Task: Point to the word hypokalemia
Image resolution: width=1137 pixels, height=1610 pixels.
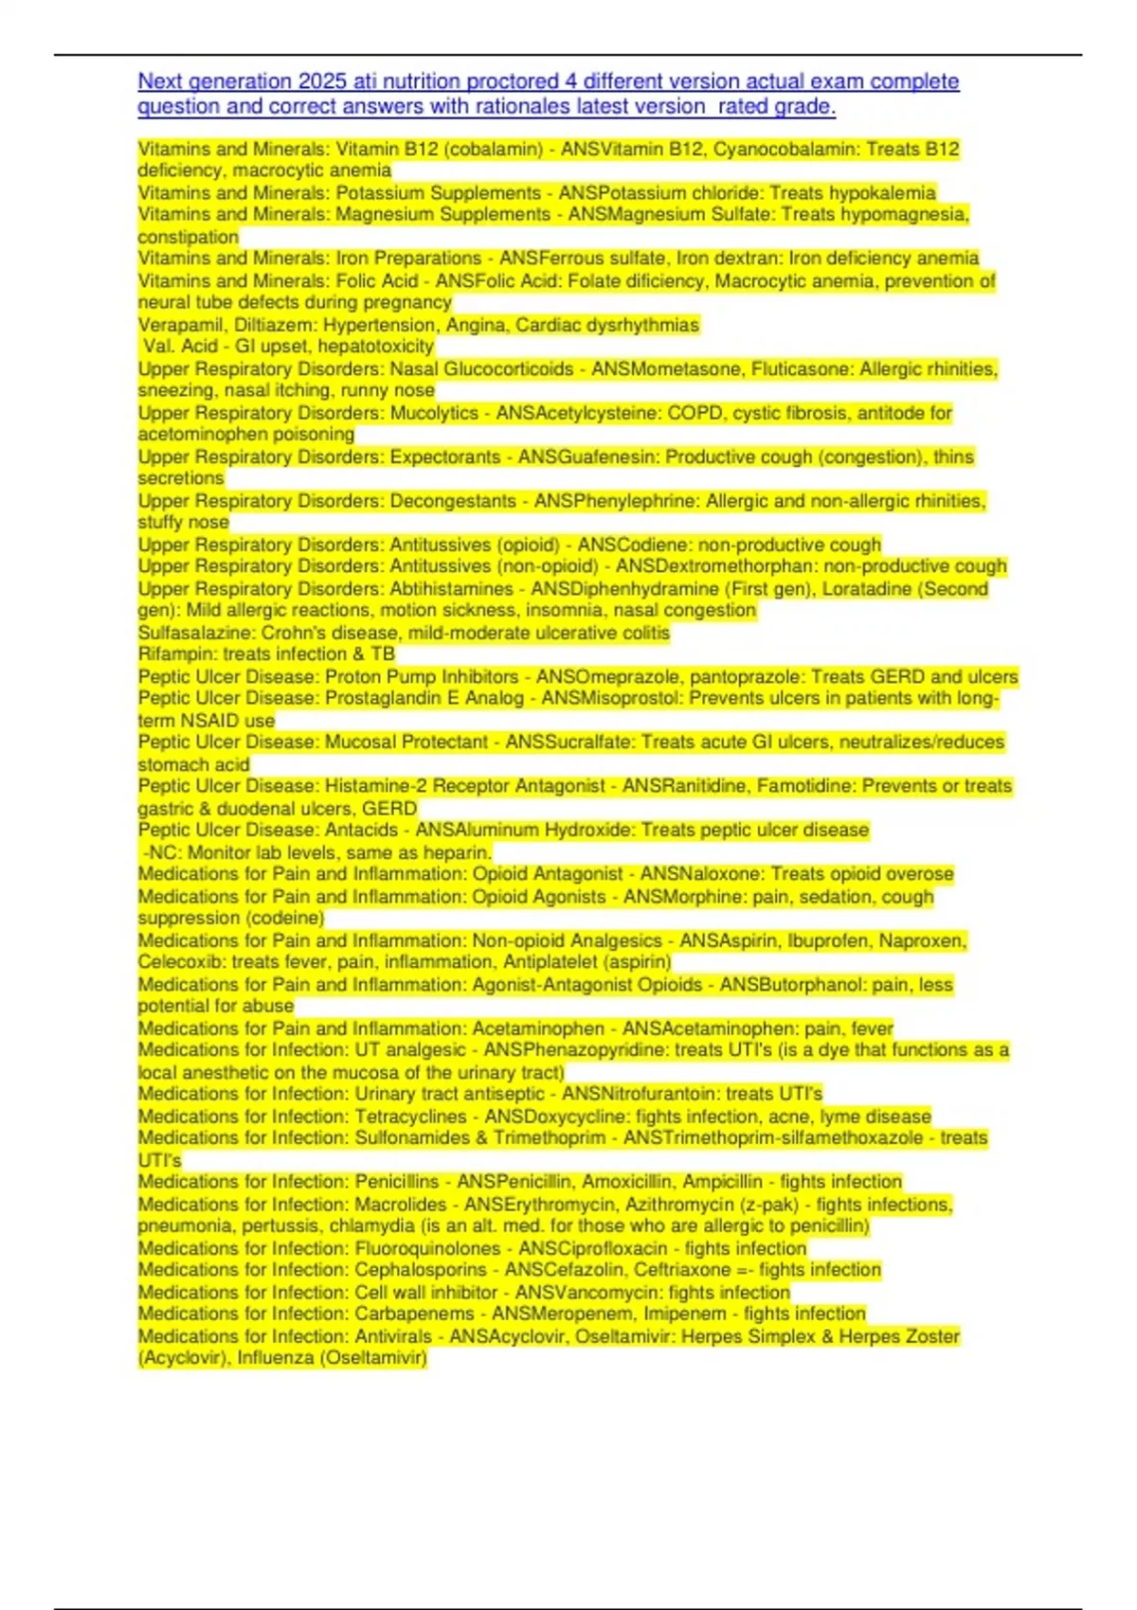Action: click(x=882, y=192)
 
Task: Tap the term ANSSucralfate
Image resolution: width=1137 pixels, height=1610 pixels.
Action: click(x=568, y=742)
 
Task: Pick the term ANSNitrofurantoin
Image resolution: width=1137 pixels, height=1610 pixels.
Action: click(x=640, y=1094)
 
